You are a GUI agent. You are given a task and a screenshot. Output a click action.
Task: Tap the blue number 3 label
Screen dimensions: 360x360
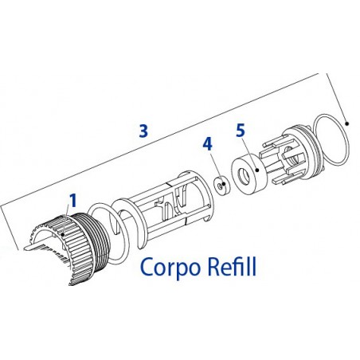[143, 132]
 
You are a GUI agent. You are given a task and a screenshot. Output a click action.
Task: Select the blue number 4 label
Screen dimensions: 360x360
[207, 144]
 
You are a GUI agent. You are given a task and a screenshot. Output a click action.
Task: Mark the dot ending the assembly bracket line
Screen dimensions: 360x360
[349, 123]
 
